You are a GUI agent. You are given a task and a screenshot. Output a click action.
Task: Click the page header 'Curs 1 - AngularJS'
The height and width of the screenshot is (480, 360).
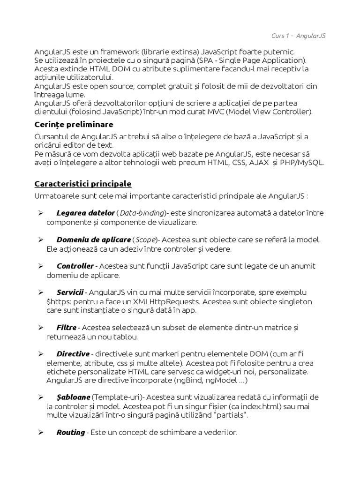coord(299,36)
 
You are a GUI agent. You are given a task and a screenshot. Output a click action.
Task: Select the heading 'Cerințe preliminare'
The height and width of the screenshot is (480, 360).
coord(74,125)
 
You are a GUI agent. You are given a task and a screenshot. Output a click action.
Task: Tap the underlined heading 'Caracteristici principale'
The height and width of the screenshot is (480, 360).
coord(83,183)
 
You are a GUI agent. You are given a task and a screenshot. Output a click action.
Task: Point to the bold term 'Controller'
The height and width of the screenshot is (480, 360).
coord(75,266)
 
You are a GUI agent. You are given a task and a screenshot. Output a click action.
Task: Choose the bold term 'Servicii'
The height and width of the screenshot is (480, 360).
coord(70,292)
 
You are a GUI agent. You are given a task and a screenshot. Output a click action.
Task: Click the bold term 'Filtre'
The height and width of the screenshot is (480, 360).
coord(66,327)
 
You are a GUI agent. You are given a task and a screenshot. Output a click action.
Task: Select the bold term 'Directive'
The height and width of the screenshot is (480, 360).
coord(73,353)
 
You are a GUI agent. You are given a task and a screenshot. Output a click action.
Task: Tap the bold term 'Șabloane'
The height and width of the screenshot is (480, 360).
coord(73,397)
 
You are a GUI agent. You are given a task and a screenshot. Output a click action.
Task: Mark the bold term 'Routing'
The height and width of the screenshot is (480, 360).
coord(70,432)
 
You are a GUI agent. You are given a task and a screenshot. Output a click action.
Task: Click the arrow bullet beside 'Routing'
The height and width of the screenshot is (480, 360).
coord(40,432)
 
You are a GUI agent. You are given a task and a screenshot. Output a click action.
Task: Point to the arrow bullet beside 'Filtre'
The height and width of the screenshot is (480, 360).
coord(40,327)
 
